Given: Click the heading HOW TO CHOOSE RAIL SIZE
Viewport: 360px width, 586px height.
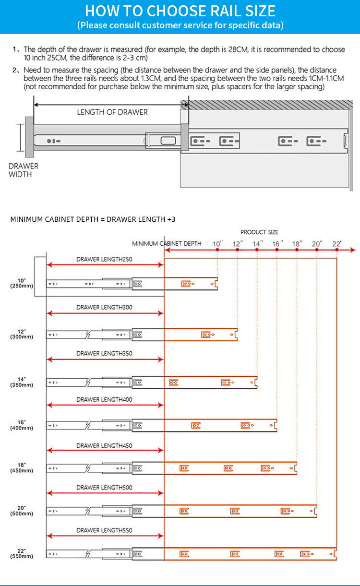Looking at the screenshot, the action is tap(180, 11).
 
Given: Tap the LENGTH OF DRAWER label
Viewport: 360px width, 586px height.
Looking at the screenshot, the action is tap(112, 112).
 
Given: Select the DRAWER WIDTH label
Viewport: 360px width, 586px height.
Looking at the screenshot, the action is tap(24, 170).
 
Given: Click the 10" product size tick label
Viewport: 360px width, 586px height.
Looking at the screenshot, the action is tap(217, 244).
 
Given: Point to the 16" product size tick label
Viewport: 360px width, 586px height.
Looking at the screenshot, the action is tap(277, 244).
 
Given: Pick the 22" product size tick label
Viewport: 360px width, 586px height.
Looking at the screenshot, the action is tap(337, 244).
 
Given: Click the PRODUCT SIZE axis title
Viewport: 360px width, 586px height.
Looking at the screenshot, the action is tap(259, 232).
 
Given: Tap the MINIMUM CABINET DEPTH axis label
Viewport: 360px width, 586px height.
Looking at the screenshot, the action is tap(167, 243).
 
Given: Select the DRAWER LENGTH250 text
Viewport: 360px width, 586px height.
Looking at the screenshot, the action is tap(104, 259).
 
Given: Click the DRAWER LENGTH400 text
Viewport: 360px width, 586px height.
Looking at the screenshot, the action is tap(104, 399).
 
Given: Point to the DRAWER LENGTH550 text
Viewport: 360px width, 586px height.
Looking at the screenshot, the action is tap(104, 530).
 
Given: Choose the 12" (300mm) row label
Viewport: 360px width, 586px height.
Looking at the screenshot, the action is tap(22, 334).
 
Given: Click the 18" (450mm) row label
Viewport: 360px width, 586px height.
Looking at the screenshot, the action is tap(22, 468).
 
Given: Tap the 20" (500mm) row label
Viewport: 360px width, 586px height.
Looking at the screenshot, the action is tap(22, 511).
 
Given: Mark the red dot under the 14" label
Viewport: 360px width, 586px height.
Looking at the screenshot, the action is tap(257, 250).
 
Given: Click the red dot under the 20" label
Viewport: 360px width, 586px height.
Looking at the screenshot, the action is tap(317, 250).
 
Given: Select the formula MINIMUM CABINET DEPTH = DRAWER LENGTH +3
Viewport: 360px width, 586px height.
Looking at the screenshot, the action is tap(93, 219).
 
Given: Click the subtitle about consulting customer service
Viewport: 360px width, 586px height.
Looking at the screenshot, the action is tap(180, 25).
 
